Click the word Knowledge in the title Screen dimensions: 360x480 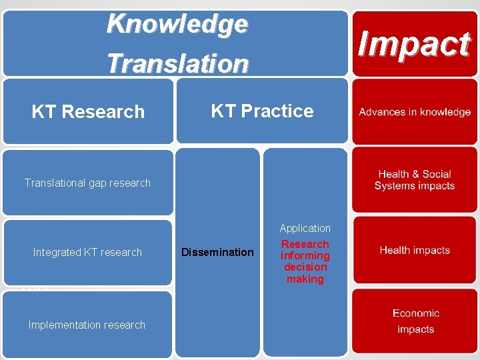point(177,24)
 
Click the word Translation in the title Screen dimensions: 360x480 point(177,63)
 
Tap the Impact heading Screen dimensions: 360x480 point(414,44)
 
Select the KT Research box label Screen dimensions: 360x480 point(88,111)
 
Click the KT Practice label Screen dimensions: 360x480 point(262,111)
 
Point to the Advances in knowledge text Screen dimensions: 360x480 point(415,112)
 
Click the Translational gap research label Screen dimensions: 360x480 point(87,183)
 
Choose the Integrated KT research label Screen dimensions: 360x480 point(87,252)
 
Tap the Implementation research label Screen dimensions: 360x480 point(87,325)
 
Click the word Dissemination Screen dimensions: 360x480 point(218,252)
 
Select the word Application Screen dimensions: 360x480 point(305,228)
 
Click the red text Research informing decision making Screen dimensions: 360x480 point(305,261)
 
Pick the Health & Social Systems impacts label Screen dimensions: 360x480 point(415,180)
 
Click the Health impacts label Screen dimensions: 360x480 point(415,250)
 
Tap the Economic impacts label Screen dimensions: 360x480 point(415,321)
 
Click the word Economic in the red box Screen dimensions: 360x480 point(416,313)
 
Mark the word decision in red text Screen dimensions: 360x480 point(305,267)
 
